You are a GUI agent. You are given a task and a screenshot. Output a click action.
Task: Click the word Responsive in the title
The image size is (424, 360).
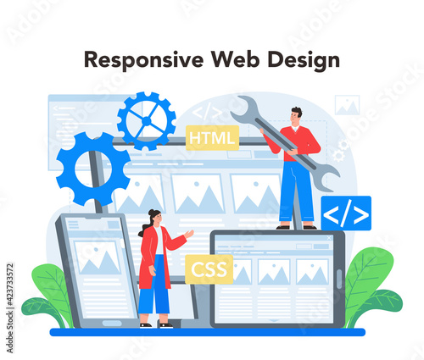pyautogui.click(x=144, y=60)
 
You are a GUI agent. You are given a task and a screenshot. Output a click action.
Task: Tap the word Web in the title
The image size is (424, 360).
pyautogui.click(x=236, y=59)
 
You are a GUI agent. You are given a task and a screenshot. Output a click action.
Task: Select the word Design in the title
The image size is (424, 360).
pyautogui.click(x=304, y=60)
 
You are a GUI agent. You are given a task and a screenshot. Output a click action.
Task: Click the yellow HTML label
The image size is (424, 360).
pyautogui.click(x=212, y=138)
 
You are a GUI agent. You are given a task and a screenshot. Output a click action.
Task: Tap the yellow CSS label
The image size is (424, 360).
pyautogui.click(x=209, y=269)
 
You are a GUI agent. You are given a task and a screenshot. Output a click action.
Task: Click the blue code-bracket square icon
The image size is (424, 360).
pyautogui.click(x=346, y=213)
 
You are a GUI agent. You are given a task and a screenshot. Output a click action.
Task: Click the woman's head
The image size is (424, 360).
pyautogui.click(x=155, y=217)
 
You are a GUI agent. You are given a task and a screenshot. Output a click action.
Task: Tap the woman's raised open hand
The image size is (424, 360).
pyautogui.click(x=189, y=234)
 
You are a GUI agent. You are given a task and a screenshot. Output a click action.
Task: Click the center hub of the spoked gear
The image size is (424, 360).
pyautogui.click(x=147, y=121)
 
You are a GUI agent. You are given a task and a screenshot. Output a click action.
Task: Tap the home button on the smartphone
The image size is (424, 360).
pyautogui.click(x=112, y=323)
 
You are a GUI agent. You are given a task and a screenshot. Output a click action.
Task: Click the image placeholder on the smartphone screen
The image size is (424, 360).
pyautogui.click(x=98, y=258)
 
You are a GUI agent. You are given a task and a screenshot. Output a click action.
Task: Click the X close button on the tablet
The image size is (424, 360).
pyautogui.click(x=329, y=238)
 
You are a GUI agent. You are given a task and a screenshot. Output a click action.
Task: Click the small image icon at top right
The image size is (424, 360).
pyautogui.click(x=347, y=105)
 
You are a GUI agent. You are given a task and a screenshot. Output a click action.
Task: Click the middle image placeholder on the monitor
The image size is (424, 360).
pyautogui.click(x=198, y=194)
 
